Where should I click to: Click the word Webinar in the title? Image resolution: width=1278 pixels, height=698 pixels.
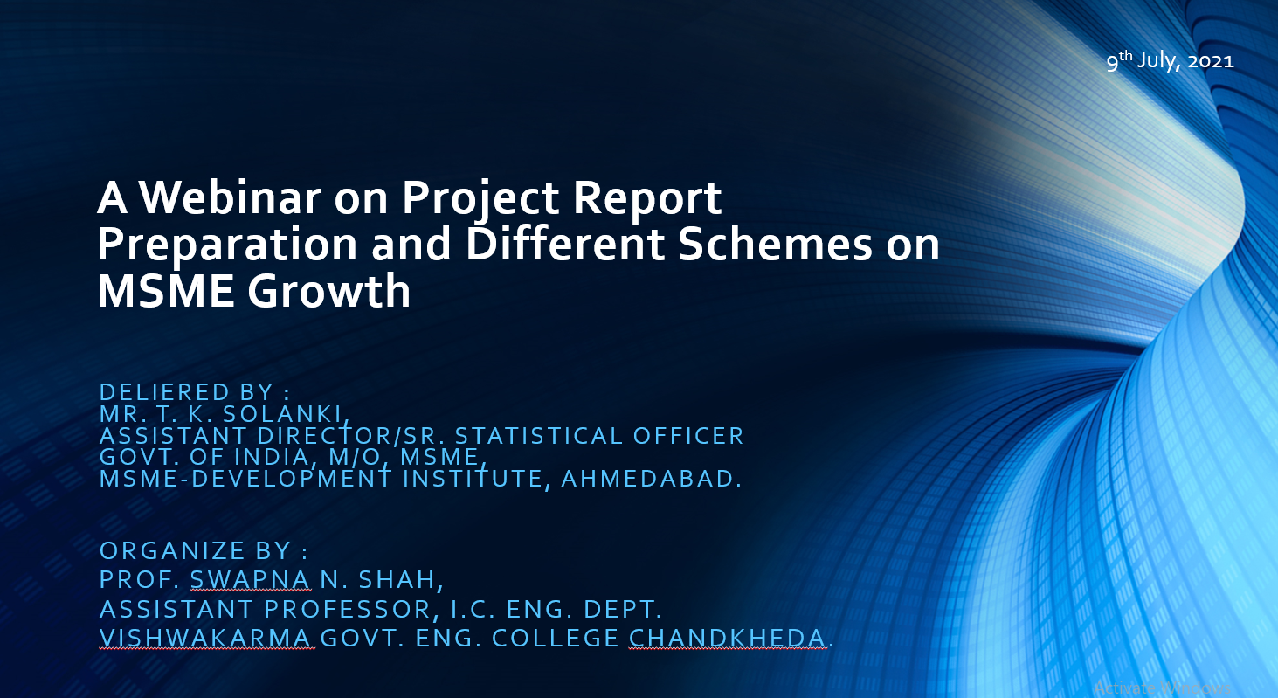point(230,197)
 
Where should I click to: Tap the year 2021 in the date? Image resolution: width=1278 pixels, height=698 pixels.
point(1210,60)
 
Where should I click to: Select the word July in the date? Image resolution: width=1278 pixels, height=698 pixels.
point(1158,60)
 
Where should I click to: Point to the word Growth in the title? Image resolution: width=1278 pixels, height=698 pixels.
point(328,291)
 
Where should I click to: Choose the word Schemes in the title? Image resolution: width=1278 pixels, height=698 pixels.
point(775,245)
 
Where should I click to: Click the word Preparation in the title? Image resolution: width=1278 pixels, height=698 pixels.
point(227,245)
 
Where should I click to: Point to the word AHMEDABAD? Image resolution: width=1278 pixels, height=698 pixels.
point(651,478)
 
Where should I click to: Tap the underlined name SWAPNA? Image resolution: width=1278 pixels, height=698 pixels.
point(251,579)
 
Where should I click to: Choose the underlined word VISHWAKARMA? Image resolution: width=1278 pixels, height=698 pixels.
point(206,638)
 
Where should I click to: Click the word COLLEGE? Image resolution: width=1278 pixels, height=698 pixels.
point(556,638)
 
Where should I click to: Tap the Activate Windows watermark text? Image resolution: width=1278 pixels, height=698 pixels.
point(1162,688)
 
